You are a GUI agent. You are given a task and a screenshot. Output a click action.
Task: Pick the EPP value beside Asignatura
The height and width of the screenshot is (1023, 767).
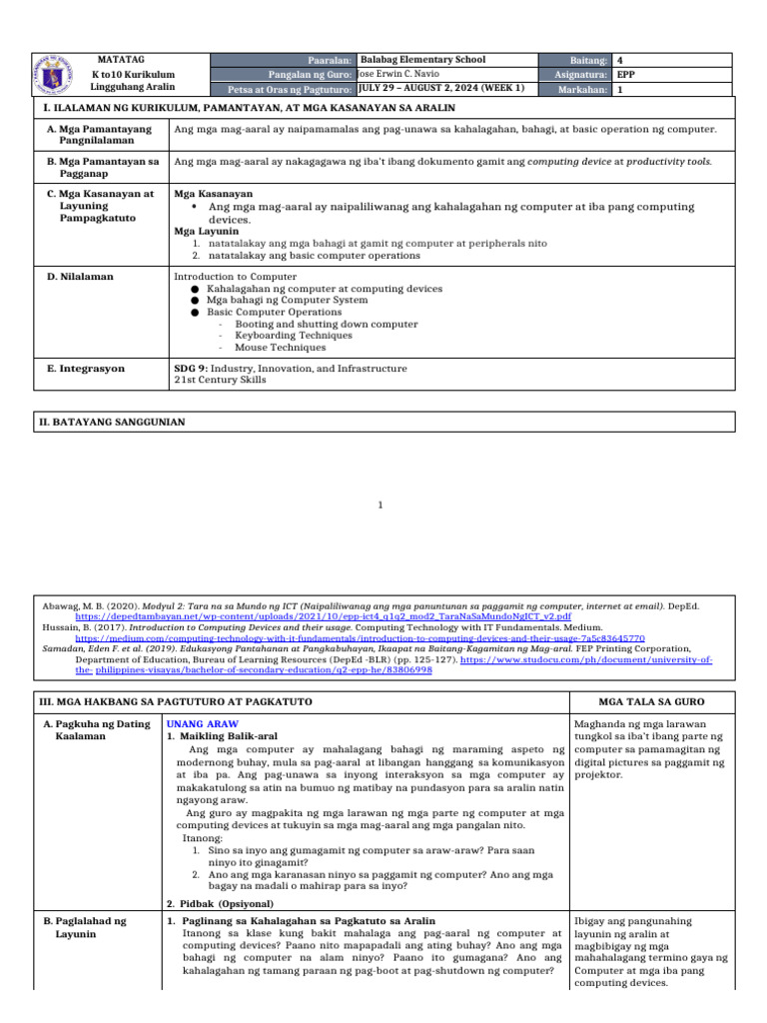(x=626, y=74)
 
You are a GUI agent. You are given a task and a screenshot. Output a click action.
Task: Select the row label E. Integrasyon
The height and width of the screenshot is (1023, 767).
(x=86, y=369)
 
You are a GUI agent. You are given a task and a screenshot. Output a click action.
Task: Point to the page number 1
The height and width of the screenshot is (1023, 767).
(x=381, y=506)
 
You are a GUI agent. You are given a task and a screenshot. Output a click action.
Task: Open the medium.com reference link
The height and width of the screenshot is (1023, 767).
(x=361, y=636)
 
